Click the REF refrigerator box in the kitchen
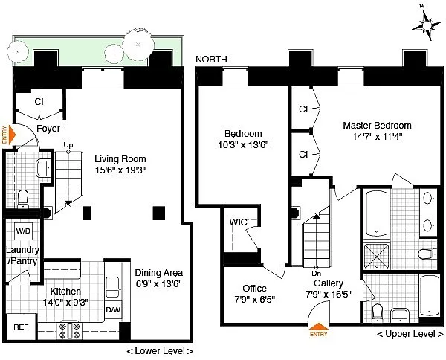(22, 327)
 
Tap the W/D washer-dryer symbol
(23, 231)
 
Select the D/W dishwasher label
(113, 309)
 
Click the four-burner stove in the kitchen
(68, 330)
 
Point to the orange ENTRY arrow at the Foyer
(13, 135)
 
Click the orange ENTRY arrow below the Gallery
(319, 327)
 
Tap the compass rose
(427, 26)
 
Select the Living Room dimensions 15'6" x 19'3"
(120, 170)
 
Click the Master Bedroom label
(377, 125)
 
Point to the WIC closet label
(239, 222)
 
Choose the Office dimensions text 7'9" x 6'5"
(255, 300)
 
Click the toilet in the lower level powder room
(23, 199)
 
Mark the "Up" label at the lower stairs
(68, 145)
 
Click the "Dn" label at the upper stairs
(317, 274)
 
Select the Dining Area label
(159, 273)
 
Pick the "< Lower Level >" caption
(160, 351)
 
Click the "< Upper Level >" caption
(410, 334)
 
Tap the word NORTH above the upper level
(211, 60)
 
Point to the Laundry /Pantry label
(22, 255)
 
